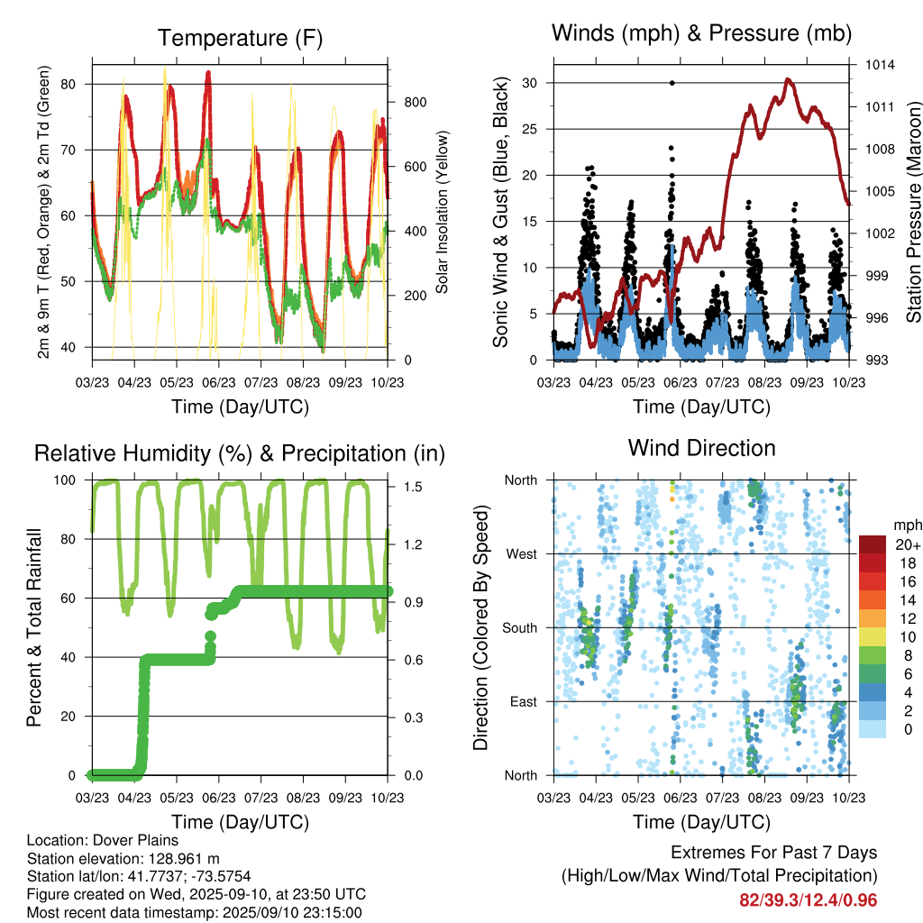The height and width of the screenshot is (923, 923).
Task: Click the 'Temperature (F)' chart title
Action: point(240,38)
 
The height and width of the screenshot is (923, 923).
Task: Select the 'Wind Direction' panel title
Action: point(701,448)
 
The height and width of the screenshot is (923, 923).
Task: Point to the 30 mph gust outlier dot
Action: point(672,83)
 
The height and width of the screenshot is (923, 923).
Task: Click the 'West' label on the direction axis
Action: point(521,553)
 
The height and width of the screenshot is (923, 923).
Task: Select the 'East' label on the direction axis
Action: point(523,701)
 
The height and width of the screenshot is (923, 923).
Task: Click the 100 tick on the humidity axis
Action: point(69,480)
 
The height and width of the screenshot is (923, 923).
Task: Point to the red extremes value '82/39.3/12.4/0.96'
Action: point(809,900)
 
